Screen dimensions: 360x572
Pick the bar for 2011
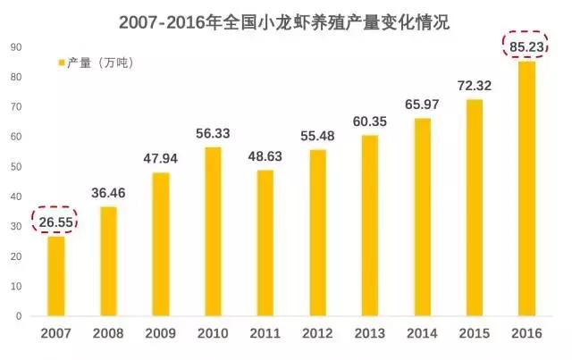264,242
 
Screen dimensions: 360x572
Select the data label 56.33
212,134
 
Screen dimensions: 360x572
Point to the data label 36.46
108,193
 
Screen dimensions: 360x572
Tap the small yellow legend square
61,63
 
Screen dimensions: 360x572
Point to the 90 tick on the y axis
17,46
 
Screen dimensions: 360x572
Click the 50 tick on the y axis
17,166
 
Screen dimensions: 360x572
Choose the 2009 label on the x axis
160,334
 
